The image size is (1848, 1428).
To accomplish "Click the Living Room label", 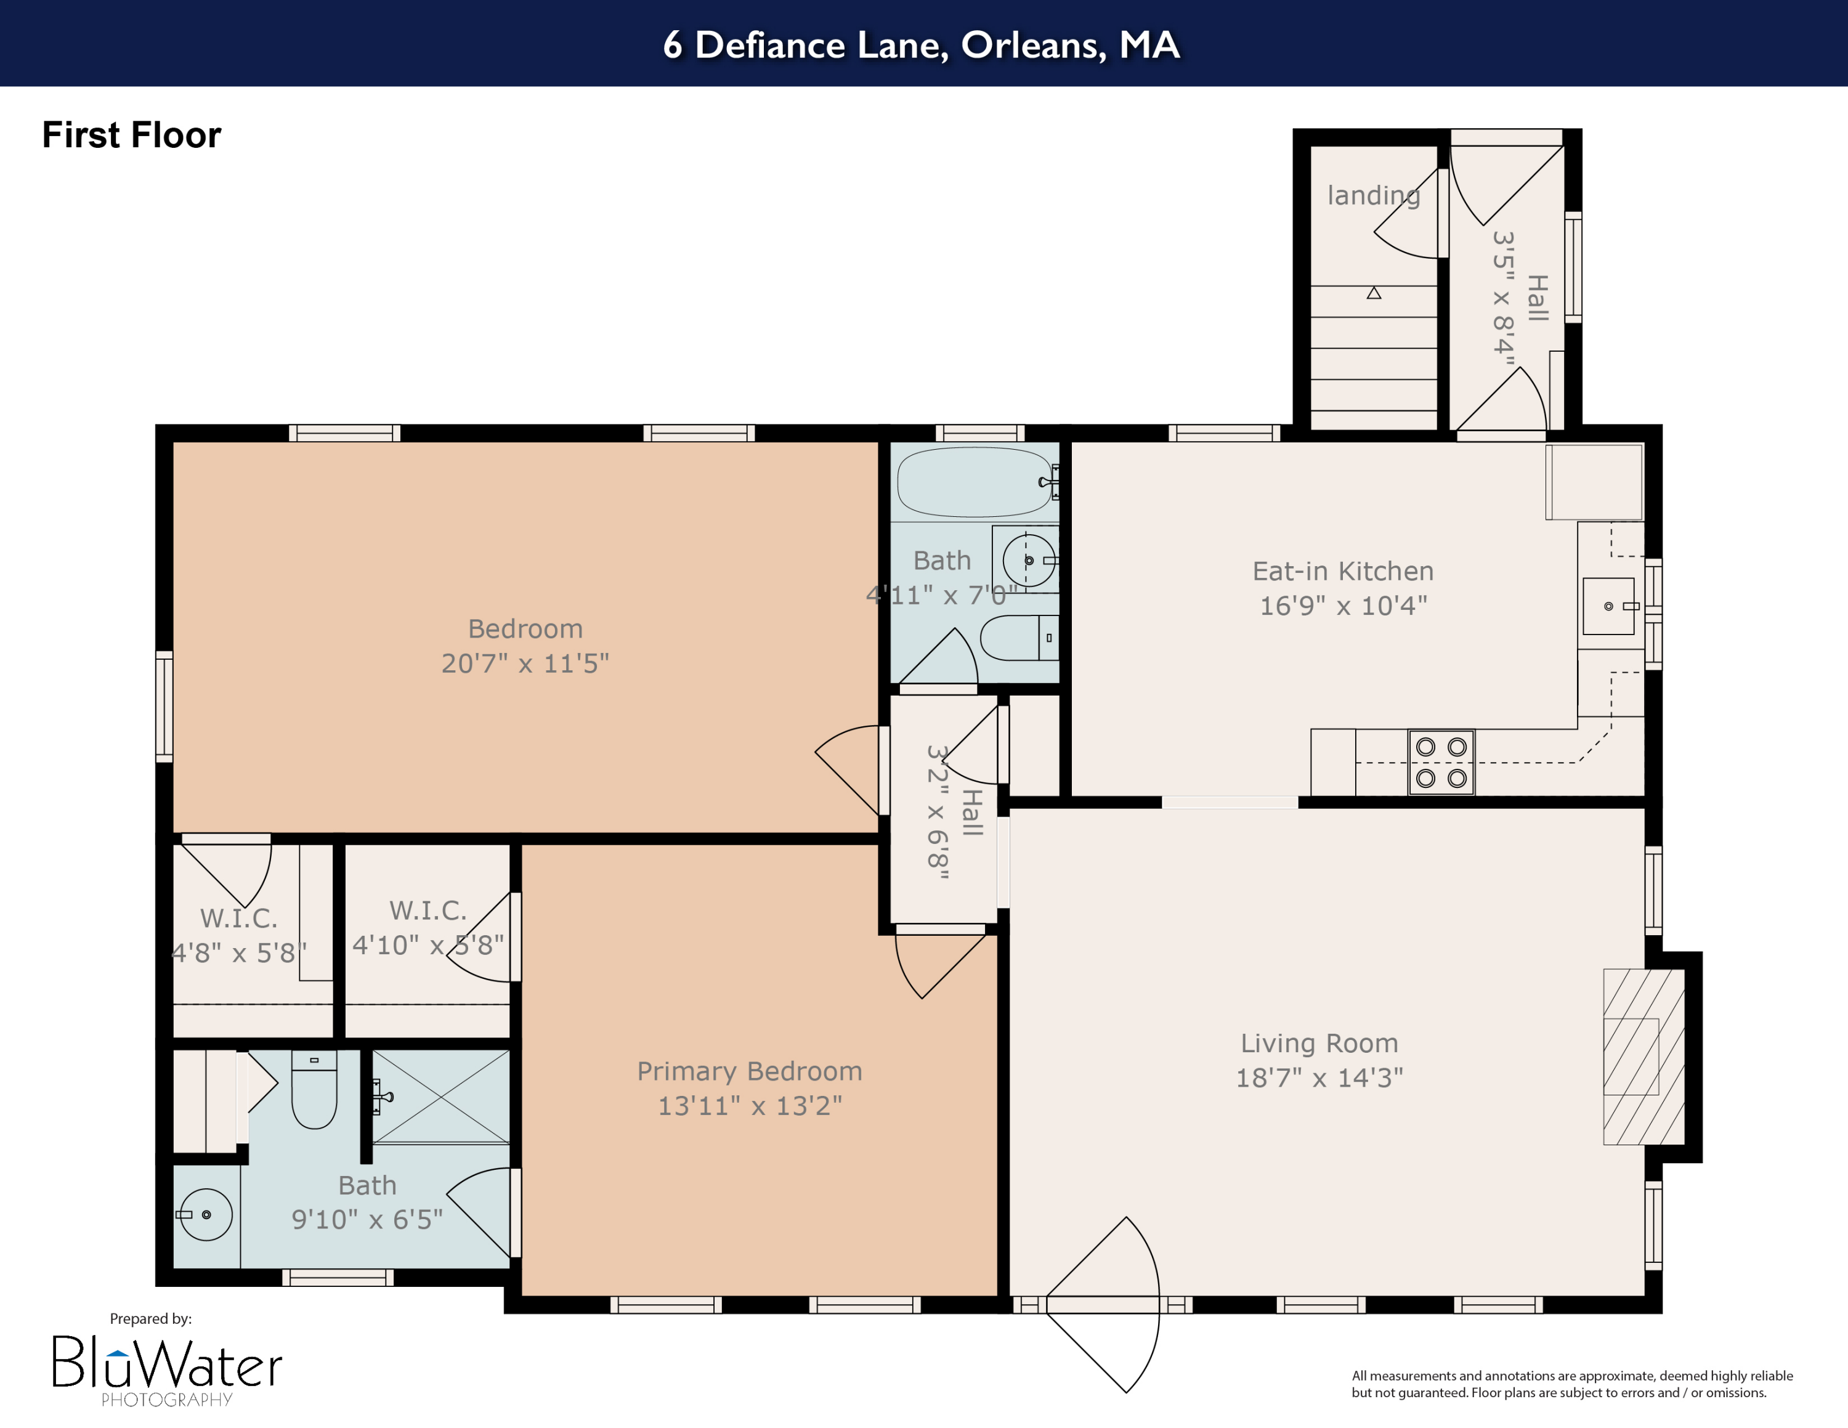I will click(1318, 1043).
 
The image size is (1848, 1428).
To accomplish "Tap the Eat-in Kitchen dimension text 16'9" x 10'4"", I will click(1343, 606).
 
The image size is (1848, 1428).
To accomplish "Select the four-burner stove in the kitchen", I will click(1441, 762).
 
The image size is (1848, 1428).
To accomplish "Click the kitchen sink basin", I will click(1608, 606).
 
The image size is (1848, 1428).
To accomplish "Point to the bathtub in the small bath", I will click(974, 481).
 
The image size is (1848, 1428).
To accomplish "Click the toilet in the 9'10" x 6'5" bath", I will click(314, 1090).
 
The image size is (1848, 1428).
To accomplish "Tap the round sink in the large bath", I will click(206, 1214).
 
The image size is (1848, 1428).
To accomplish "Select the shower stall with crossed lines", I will click(441, 1097).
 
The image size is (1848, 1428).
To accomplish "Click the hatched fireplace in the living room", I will click(1643, 1057).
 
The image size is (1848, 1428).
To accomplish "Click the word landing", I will click(1372, 195).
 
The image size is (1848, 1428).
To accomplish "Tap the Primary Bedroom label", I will click(749, 1071).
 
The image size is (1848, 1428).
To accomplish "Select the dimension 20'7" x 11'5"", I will click(525, 663).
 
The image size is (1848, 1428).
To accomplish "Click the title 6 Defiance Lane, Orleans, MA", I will click(922, 44).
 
